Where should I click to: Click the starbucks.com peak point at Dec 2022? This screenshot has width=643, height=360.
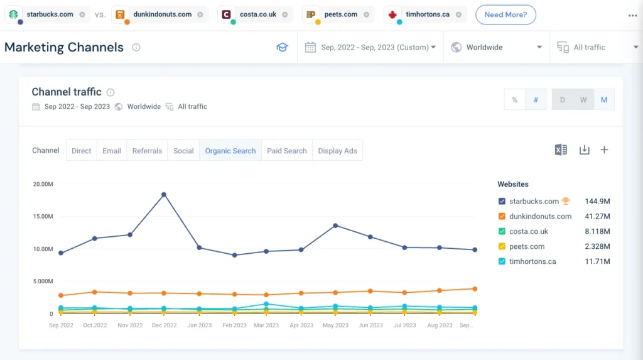click(164, 195)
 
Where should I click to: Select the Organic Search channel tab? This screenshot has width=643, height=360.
click(230, 151)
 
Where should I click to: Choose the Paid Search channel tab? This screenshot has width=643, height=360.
click(286, 151)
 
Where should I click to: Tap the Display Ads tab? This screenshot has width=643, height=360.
click(337, 151)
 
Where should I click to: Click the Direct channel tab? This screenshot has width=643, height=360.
click(82, 151)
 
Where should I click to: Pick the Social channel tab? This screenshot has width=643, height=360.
click(183, 151)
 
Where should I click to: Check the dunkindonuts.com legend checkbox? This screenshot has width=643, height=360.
click(502, 216)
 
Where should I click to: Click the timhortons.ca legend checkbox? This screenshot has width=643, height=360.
click(502, 261)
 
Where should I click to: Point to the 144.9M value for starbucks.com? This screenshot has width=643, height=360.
click(597, 201)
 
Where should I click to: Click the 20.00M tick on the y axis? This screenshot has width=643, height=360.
click(43, 184)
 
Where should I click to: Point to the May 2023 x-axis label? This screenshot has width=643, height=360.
click(335, 325)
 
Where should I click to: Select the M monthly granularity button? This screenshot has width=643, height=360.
click(604, 100)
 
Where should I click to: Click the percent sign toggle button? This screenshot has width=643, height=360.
click(515, 100)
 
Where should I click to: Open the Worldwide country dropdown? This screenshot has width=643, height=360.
click(497, 47)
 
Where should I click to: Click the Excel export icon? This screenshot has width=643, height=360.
click(561, 150)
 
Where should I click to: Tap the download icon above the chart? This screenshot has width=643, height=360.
click(584, 150)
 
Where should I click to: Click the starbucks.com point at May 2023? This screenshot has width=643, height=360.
click(335, 226)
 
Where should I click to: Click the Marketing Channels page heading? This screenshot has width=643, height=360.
click(64, 47)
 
